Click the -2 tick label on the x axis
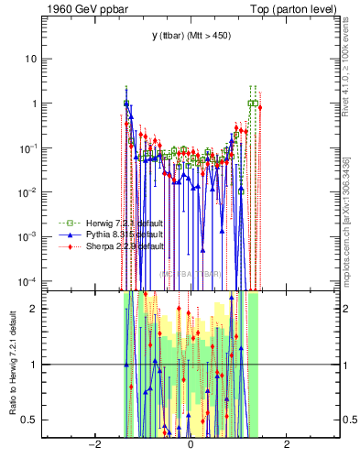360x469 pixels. click(x=93, y=445)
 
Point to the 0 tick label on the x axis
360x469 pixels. click(x=190, y=445)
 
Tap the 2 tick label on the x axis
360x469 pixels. click(x=287, y=445)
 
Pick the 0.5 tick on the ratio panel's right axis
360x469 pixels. click(x=347, y=420)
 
